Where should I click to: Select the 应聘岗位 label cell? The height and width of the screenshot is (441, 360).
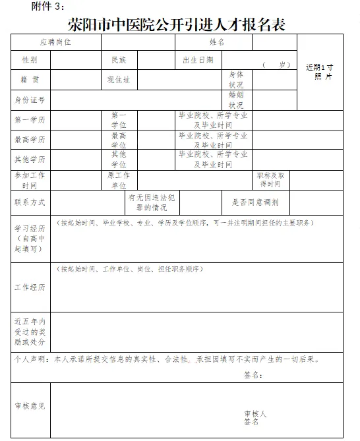coord(55,42)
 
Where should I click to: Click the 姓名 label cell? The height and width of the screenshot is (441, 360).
coord(218,42)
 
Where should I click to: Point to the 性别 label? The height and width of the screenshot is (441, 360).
coord(30,60)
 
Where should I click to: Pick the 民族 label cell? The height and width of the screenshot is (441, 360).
coord(119,60)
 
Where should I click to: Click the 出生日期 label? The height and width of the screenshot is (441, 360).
coord(198,60)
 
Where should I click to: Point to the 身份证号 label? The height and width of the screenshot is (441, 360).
coord(30,100)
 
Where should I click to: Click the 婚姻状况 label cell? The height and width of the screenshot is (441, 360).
coord(236,100)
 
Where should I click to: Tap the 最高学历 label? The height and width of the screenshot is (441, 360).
coord(30,140)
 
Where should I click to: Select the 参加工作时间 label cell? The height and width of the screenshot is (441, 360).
coord(30,180)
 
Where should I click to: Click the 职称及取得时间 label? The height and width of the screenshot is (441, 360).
coord(270,180)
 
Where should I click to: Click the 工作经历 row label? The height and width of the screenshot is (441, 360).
coord(30,288)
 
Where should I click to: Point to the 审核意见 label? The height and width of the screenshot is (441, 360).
coord(30,406)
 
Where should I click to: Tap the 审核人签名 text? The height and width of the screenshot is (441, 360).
coord(254,417)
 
